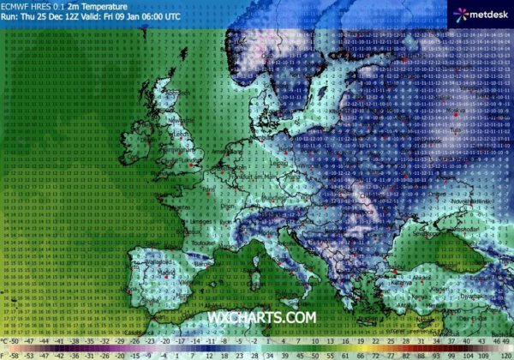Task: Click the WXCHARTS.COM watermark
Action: pyautogui.click(x=260, y=318)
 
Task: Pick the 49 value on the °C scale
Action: pyautogui.click(x=506, y=340)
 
